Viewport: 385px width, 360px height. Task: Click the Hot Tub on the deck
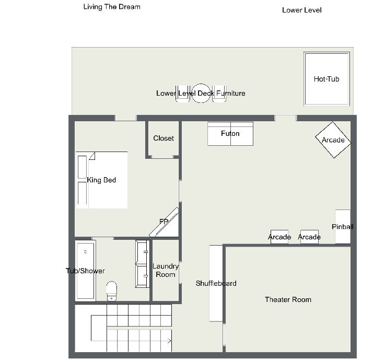click(x=326, y=79)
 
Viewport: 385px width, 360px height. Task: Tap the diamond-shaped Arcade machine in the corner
click(x=333, y=140)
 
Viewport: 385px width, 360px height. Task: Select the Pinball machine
click(x=343, y=226)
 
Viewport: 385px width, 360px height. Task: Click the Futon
click(x=230, y=134)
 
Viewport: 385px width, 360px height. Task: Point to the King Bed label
click(x=101, y=180)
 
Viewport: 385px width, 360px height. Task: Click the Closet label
click(x=164, y=138)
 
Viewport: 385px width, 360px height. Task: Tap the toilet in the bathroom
click(x=112, y=291)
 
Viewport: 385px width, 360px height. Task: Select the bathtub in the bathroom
click(x=86, y=271)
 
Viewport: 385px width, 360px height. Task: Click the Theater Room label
click(x=288, y=299)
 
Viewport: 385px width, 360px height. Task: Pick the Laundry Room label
click(x=166, y=270)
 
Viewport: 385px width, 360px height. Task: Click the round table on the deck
click(x=201, y=93)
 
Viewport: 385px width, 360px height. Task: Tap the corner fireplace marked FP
click(x=164, y=222)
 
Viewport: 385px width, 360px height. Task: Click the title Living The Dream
click(x=112, y=7)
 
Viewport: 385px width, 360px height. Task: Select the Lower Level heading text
click(x=302, y=10)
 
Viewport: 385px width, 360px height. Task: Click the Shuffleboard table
click(x=216, y=283)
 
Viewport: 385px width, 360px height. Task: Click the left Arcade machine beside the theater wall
click(x=279, y=237)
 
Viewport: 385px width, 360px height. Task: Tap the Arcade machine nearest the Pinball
click(x=309, y=237)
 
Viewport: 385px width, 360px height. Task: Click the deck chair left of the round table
click(x=183, y=94)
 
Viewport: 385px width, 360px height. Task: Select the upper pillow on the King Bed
click(x=82, y=167)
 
